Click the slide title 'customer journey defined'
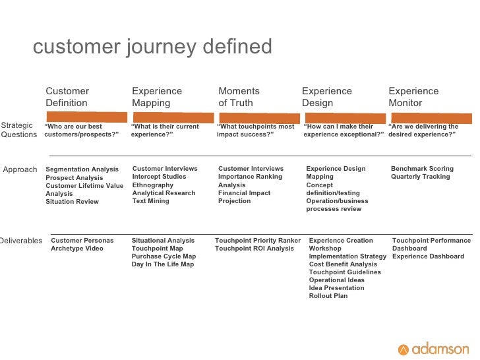pyautogui.click(x=152, y=47)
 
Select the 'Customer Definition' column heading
pyautogui.click(x=67, y=97)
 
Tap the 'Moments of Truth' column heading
pyautogui.click(x=239, y=97)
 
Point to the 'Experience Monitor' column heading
pyautogui.click(x=413, y=97)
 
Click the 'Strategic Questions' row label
pyautogui.click(x=18, y=130)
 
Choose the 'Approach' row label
pyautogui.click(x=20, y=169)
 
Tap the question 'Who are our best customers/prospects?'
pyautogui.click(x=82, y=131)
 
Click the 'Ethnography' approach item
pyautogui.click(x=153, y=185)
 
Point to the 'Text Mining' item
pyautogui.click(x=150, y=201)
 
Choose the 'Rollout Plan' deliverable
pyautogui.click(x=328, y=296)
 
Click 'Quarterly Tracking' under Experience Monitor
pyautogui.click(x=421, y=177)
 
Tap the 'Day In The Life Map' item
pyautogui.click(x=163, y=264)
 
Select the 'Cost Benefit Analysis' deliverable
pyautogui.click(x=343, y=264)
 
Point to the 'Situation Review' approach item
pyautogui.click(x=72, y=202)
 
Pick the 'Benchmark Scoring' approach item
pyautogui.click(x=422, y=169)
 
